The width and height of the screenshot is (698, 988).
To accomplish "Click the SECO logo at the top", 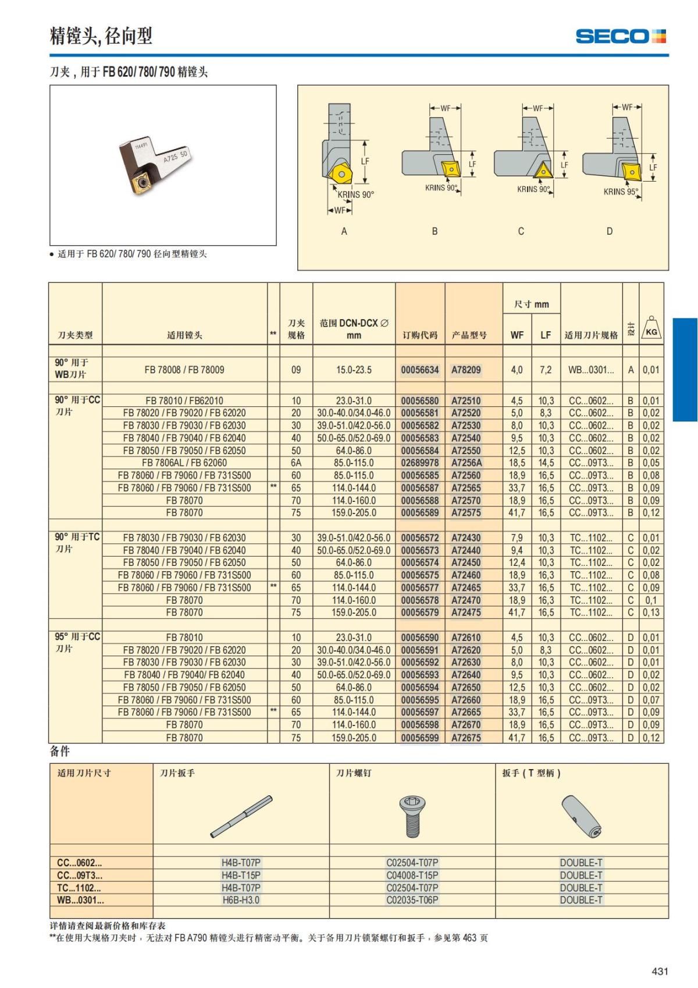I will pyautogui.click(x=620, y=36).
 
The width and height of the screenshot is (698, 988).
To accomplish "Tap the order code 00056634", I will pyautogui.click(x=419, y=370).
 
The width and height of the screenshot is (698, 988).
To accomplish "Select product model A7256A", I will pyautogui.click(x=466, y=463).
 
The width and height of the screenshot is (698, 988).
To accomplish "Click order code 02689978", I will pyautogui.click(x=419, y=463).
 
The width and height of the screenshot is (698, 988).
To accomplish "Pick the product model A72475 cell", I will pyautogui.click(x=466, y=612).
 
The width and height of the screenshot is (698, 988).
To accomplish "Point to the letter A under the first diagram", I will pyautogui.click(x=344, y=231).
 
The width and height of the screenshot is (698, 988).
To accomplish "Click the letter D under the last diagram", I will pyautogui.click(x=609, y=231).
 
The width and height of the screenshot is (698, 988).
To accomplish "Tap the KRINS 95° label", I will pyautogui.click(x=620, y=192).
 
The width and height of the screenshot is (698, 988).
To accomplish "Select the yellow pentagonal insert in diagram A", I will pyautogui.click(x=339, y=173).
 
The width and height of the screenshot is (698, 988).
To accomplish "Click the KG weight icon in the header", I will pyautogui.click(x=651, y=328).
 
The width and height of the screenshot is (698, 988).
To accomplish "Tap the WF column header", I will pyautogui.click(x=517, y=335).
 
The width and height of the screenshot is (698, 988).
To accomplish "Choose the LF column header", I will pyautogui.click(x=545, y=335).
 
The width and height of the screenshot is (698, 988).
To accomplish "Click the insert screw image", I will pyautogui.click(x=412, y=815).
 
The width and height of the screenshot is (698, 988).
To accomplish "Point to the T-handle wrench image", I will pyautogui.click(x=581, y=816).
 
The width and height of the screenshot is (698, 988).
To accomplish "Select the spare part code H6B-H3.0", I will pyautogui.click(x=241, y=900).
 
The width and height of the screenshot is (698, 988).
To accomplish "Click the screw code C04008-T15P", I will pyautogui.click(x=412, y=875).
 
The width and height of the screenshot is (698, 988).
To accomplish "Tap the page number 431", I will pyautogui.click(x=660, y=971).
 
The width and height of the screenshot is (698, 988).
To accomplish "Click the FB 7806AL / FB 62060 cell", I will pyautogui.click(x=184, y=463).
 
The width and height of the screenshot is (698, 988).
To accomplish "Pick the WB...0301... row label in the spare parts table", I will pyautogui.click(x=80, y=900).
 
